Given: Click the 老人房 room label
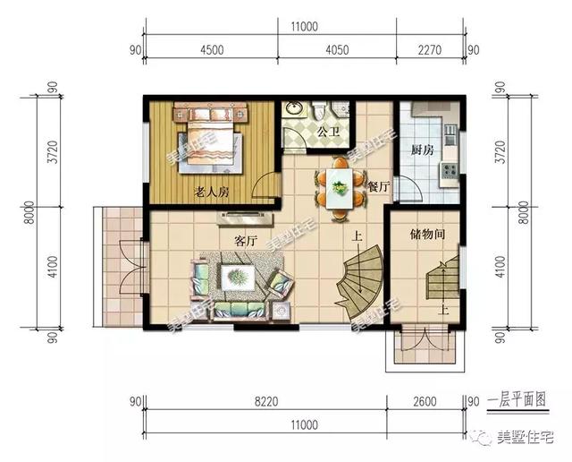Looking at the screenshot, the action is click(x=211, y=192).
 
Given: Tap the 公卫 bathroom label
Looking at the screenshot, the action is click(x=328, y=132).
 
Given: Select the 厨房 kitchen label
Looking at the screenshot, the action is click(x=423, y=150).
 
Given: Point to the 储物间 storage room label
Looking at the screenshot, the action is click(x=427, y=234).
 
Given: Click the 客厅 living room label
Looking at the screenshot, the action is click(x=246, y=241).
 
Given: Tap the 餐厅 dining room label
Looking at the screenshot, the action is click(x=379, y=187).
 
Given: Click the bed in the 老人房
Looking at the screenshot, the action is click(x=210, y=141).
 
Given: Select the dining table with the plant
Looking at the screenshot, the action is click(x=340, y=189).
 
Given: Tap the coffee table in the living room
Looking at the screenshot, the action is click(x=238, y=277).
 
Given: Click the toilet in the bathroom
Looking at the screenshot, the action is click(x=318, y=109).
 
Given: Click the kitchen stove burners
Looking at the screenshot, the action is click(x=450, y=170).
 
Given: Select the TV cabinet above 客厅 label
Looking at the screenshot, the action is click(x=245, y=219).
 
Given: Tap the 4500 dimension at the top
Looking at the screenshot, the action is click(x=212, y=49).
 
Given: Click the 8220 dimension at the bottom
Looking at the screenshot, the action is click(x=266, y=401).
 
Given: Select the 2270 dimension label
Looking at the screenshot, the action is click(x=429, y=49).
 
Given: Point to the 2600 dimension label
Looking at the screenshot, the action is click(x=425, y=401).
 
